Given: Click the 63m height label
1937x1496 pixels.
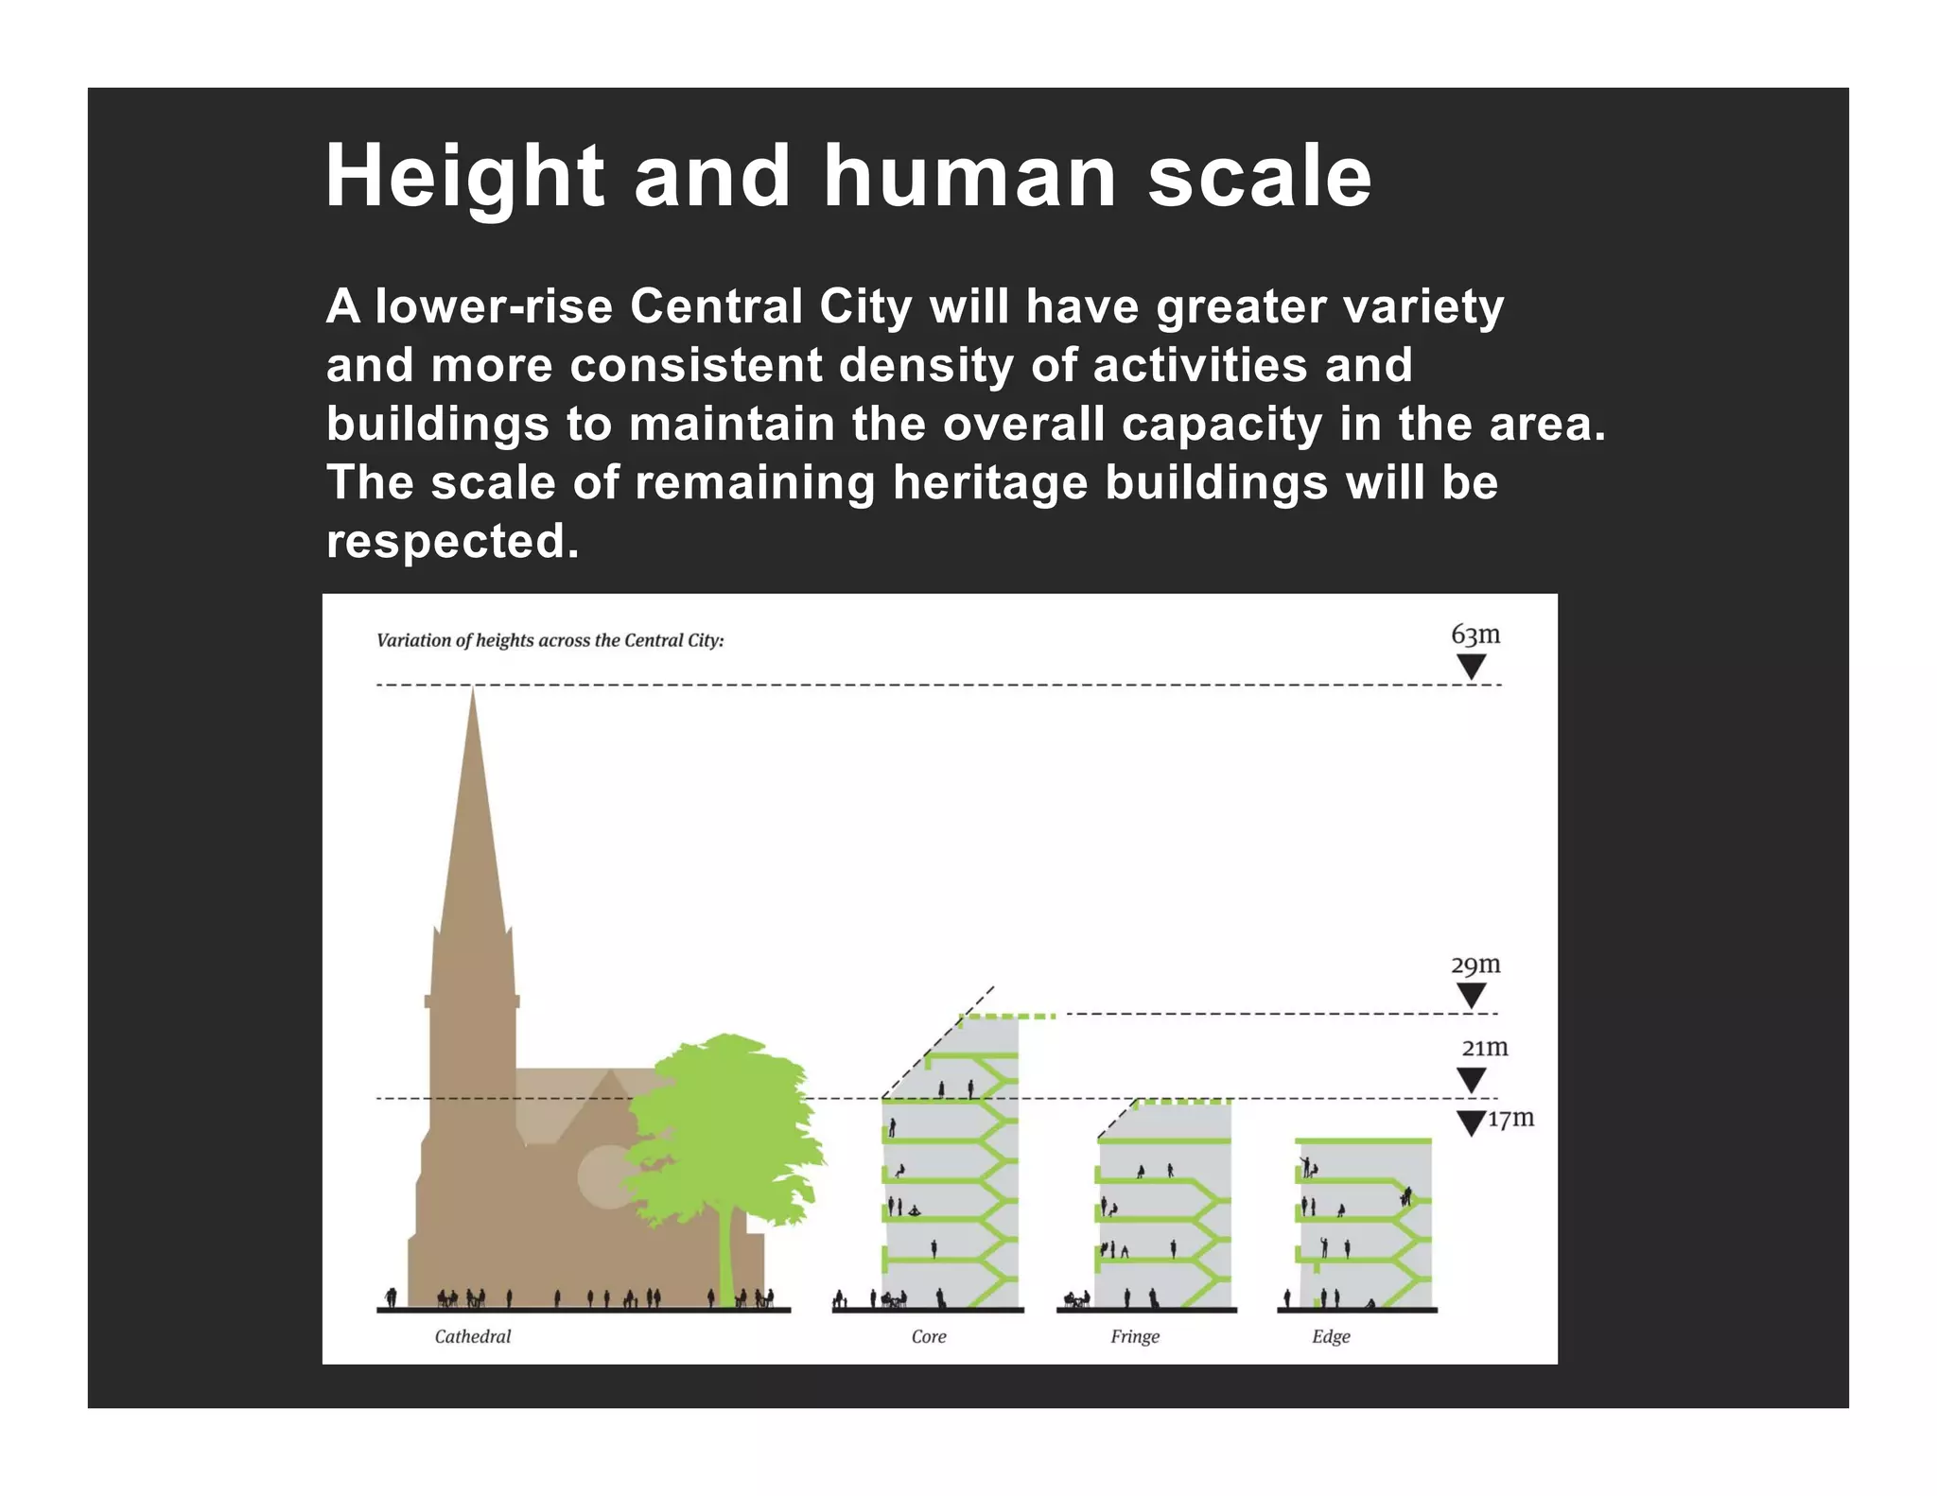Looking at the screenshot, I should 1475,635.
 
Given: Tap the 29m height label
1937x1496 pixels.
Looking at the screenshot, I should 1475,965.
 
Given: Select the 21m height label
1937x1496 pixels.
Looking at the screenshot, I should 1484,1048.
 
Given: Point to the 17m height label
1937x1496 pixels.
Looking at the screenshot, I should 1510,1119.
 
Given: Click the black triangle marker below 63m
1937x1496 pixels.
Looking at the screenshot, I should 1471,667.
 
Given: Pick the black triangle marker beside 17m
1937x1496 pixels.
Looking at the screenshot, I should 1471,1122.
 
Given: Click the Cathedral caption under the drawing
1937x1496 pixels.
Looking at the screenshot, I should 472,1336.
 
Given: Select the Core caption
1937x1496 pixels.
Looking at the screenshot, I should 928,1336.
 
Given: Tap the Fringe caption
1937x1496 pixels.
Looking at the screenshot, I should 1134,1336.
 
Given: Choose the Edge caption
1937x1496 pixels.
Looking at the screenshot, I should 1331,1336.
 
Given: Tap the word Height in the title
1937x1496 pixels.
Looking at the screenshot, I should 463,177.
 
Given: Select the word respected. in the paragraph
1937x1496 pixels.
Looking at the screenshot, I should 452,541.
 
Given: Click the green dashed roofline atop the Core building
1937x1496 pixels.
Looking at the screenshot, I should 1007,1017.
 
